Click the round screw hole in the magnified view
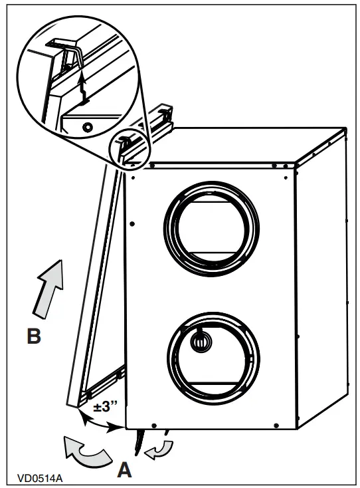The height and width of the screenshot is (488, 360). click(x=86, y=125)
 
